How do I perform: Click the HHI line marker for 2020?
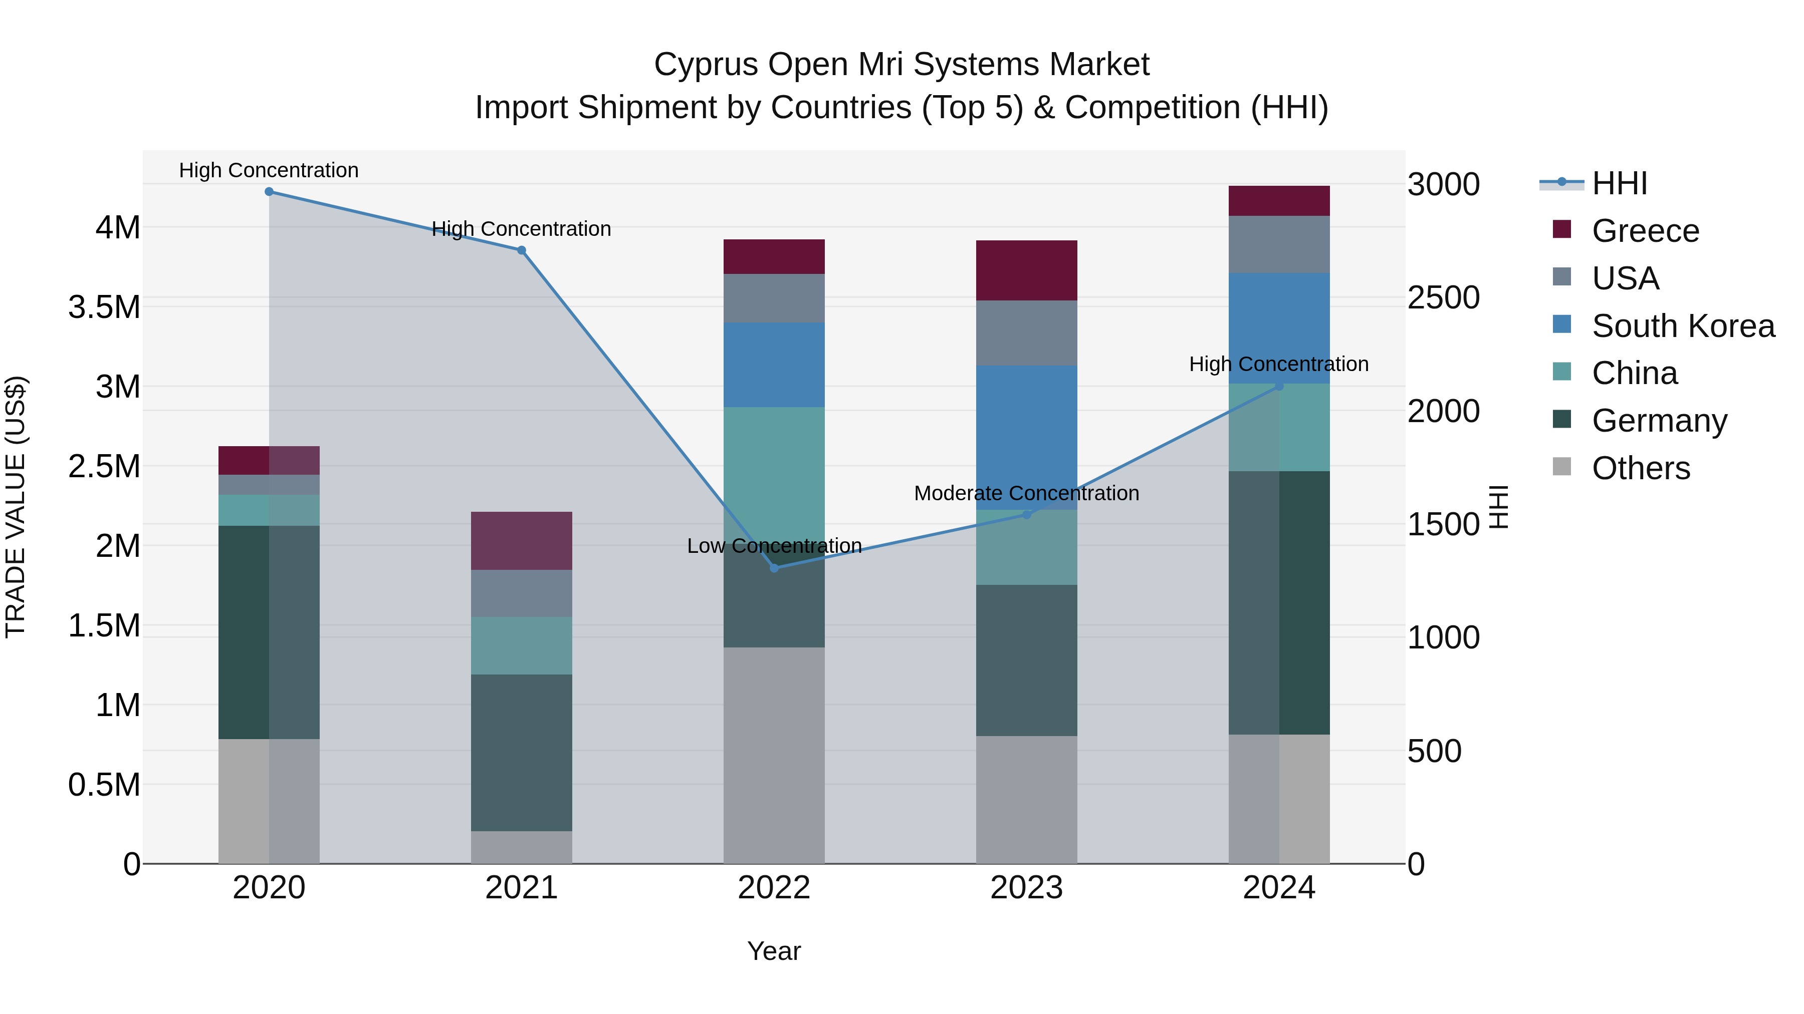click(269, 192)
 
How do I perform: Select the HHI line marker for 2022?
click(774, 568)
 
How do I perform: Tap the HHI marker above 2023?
click(1027, 514)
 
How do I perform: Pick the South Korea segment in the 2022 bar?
click(774, 365)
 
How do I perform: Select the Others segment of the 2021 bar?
click(521, 847)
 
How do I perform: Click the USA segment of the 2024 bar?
click(1279, 244)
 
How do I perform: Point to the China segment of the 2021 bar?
click(521, 645)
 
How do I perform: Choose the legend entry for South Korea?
click(1683, 326)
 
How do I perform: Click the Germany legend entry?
click(1659, 421)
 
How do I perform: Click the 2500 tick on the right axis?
click(1443, 298)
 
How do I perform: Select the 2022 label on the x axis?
click(774, 888)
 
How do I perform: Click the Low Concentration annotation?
click(774, 546)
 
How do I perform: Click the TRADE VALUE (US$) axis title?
click(16, 507)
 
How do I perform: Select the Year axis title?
click(774, 951)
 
